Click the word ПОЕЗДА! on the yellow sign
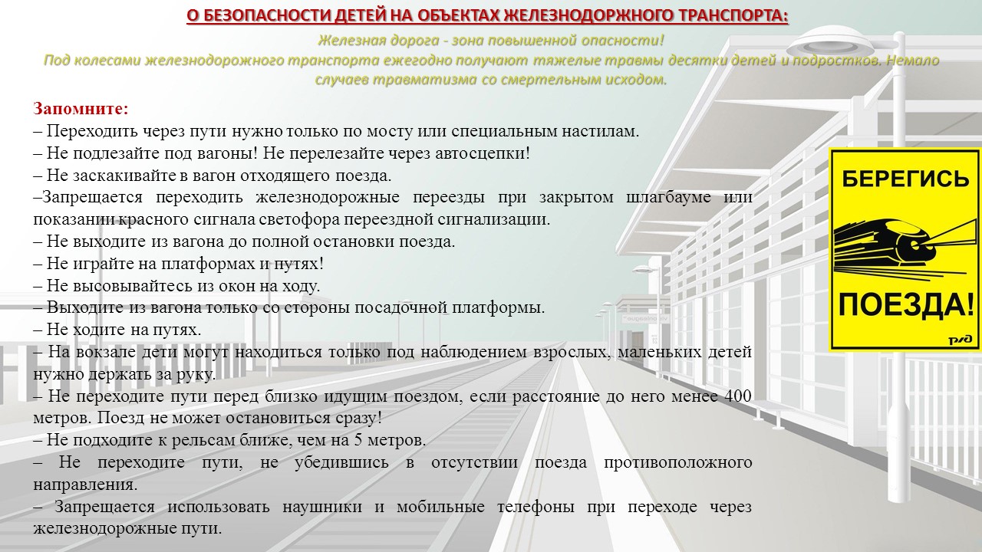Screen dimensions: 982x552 coord(906,305)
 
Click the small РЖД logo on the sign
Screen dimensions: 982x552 coord(961,340)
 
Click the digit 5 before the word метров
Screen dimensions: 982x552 coord(358,440)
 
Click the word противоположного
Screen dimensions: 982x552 coord(677,462)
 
